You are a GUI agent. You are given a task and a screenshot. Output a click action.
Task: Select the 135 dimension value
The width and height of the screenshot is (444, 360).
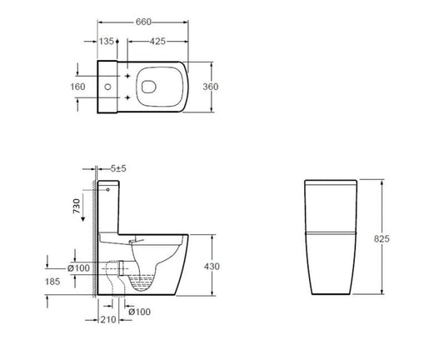click(x=107, y=39)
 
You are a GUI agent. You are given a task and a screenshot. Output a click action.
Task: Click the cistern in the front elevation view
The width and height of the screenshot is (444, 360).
click(x=329, y=204)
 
